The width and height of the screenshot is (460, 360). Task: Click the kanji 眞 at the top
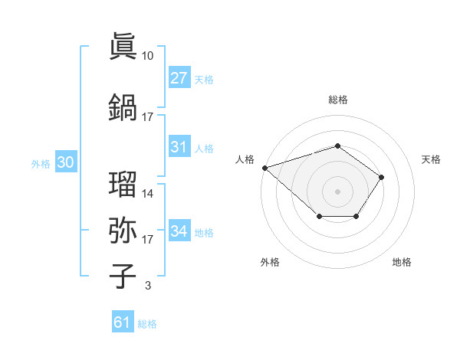pos(123,47)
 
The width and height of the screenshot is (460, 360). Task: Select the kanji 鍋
pos(123,106)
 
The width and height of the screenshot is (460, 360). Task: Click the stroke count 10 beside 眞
pos(148,56)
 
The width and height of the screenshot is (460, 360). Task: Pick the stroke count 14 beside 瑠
pos(148,194)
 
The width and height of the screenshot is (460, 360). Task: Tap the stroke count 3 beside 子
pos(147,286)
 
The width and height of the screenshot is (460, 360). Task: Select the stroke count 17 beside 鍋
pos(148,116)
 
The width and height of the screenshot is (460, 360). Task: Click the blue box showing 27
pos(179,78)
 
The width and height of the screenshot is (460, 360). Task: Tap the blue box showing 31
pos(179,147)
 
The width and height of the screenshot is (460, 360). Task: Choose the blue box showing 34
pos(179,231)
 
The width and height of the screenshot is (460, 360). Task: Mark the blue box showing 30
pos(65,162)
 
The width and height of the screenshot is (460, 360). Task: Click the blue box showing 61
pos(123,322)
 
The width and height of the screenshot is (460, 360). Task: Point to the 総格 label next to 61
pos(147,324)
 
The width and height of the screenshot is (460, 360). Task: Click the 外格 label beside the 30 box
pos(41,163)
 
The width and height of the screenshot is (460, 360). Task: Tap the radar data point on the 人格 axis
pos(264,167)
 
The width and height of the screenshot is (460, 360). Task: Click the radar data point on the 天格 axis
pos(382,178)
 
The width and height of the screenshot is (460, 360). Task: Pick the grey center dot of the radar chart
pos(337,191)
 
